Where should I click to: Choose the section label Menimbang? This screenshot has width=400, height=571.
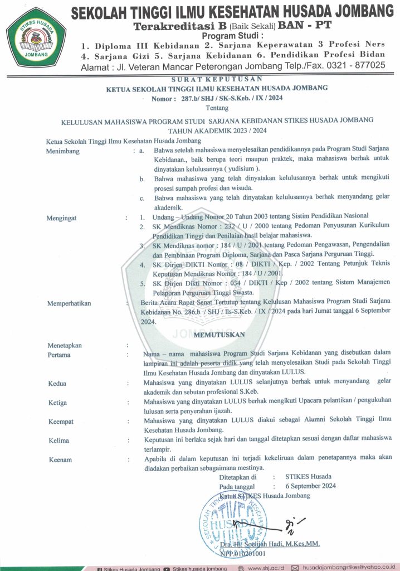tap(63, 151)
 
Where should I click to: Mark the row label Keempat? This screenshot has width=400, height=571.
tap(61, 422)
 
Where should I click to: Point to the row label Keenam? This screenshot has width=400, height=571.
tap(60, 459)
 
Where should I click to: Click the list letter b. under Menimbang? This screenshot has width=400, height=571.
tap(143, 178)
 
